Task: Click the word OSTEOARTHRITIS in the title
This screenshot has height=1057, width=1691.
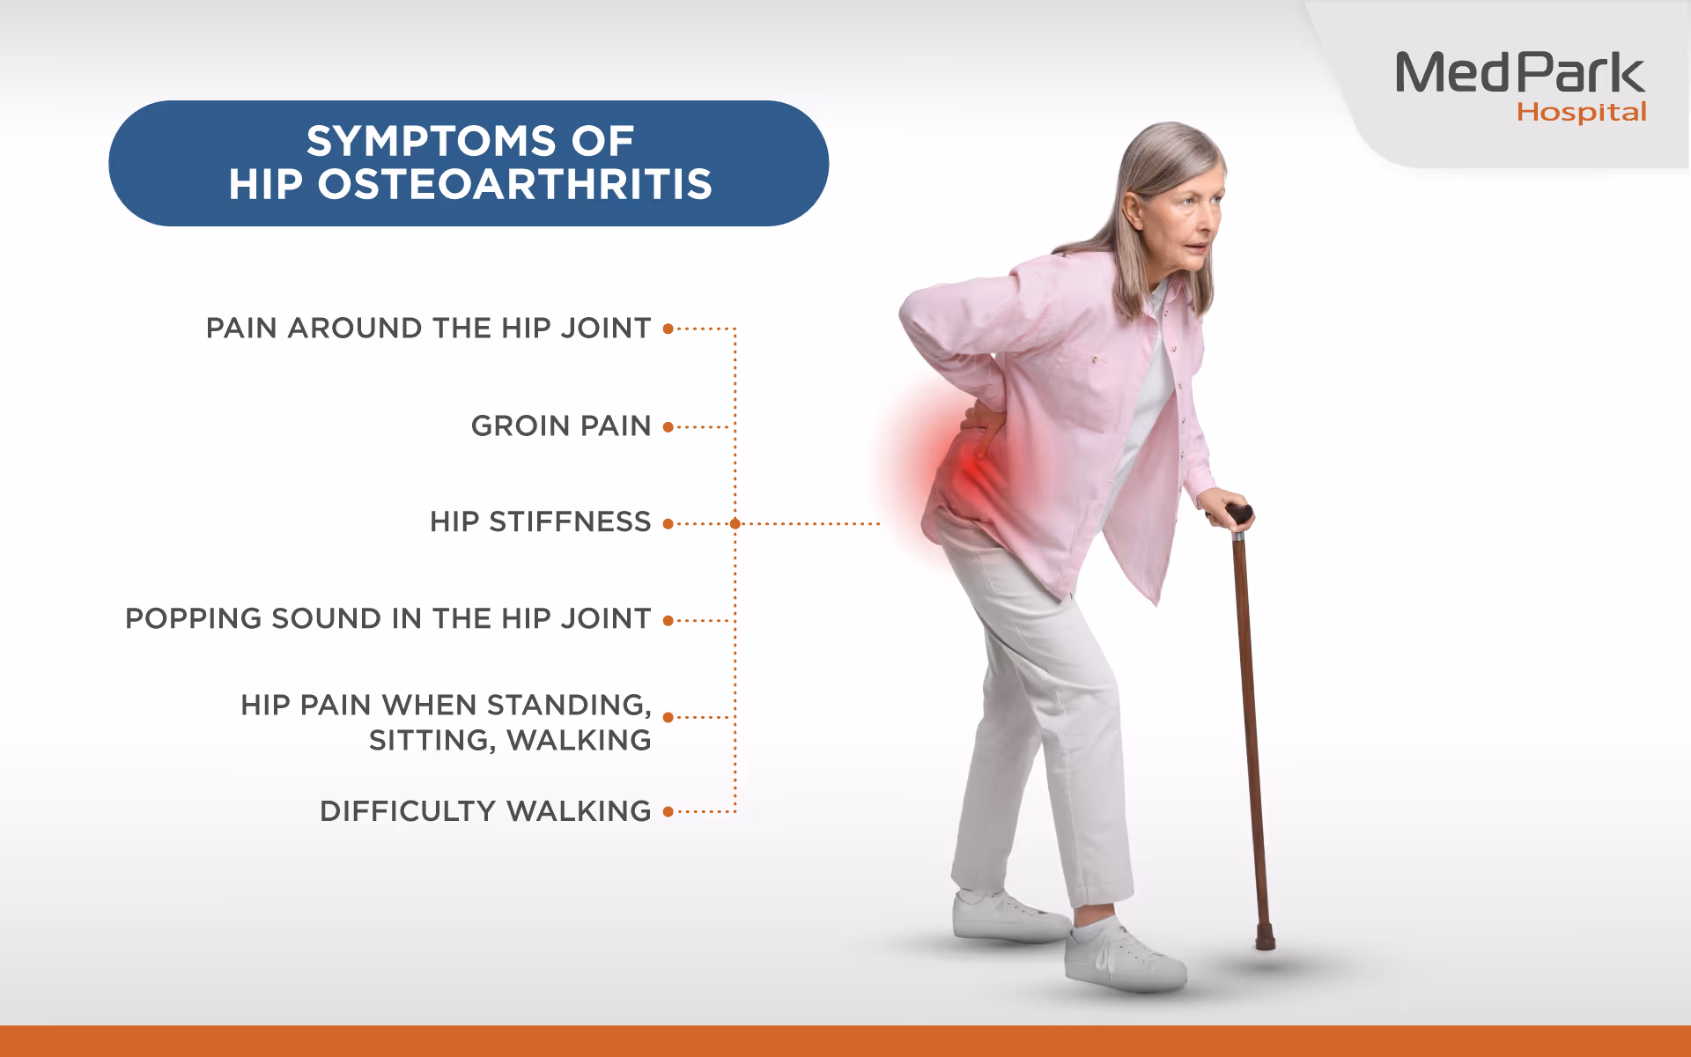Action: coord(515,184)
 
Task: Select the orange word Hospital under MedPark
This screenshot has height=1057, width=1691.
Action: coord(1581,113)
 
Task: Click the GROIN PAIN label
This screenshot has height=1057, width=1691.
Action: coord(561,426)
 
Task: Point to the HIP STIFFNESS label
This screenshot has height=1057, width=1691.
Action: coord(541,522)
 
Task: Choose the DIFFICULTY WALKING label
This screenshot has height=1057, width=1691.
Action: coord(485,811)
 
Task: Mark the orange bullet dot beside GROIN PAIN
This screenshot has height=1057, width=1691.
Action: coord(668,427)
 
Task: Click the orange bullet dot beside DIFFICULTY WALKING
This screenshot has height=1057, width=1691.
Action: coord(668,811)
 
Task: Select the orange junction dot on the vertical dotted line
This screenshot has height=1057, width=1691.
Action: coord(735,524)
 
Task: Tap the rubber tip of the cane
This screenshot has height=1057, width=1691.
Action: coord(1266,938)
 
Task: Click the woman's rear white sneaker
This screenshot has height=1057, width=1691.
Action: coord(1009,916)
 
